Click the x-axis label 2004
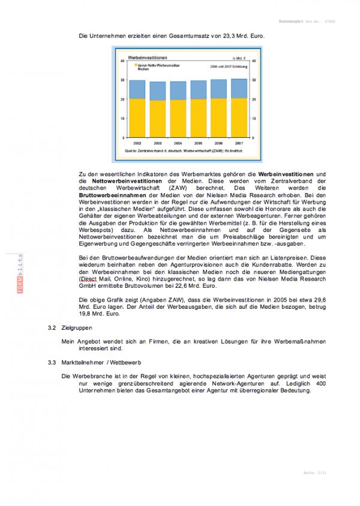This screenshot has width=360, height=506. pos(178,144)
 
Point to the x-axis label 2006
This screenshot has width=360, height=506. pos(218,144)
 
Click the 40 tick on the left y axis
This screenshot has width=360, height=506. pos(123,61)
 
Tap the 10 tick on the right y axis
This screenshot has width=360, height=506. pos(253,119)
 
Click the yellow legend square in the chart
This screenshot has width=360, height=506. pos(136,65)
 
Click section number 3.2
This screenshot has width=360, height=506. pos(52,328)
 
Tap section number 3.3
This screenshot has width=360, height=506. pos(52,363)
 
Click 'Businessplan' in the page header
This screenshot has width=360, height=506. pos(292,20)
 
